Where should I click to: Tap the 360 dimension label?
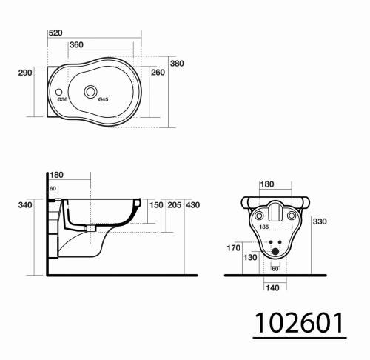76,45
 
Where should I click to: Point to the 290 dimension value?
24,73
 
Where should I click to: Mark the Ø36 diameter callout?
63,99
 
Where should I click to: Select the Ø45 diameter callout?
103,99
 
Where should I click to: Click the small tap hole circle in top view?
60,92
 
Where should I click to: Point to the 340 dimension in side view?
25,204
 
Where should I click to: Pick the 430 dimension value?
193,204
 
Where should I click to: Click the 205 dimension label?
174,204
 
